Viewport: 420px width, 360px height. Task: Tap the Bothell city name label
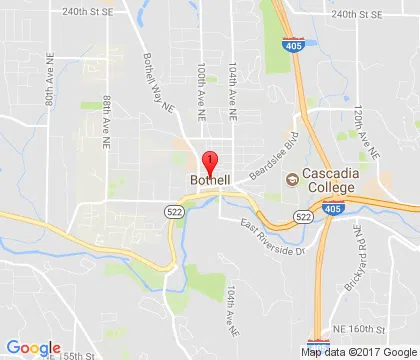click(x=209, y=180)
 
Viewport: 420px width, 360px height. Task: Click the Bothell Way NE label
click(x=160, y=70)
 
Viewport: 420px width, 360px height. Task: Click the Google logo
click(x=32, y=348)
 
